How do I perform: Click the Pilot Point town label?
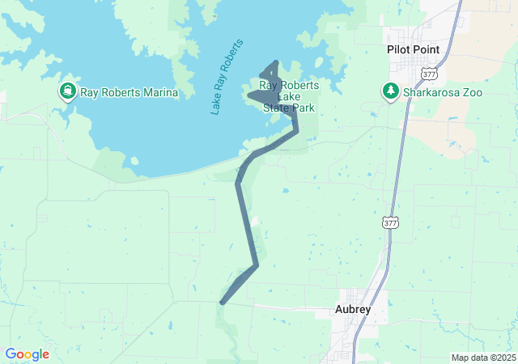[x=413, y=50]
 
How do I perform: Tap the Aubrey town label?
[x=353, y=309]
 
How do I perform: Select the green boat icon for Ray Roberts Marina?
[x=67, y=91]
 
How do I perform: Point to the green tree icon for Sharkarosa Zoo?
[x=391, y=91]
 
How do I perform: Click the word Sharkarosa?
[x=434, y=92]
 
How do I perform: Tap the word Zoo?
[x=473, y=92]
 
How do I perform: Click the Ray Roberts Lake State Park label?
[x=288, y=96]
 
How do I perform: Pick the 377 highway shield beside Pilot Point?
[x=430, y=74]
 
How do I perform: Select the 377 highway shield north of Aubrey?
[x=391, y=222]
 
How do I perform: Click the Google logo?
[x=28, y=354]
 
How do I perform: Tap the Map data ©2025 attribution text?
[x=482, y=358]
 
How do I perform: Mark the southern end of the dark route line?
[x=221, y=303]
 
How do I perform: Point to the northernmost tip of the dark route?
[x=277, y=61]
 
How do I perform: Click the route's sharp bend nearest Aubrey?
[x=257, y=265]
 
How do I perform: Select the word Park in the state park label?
[x=304, y=107]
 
